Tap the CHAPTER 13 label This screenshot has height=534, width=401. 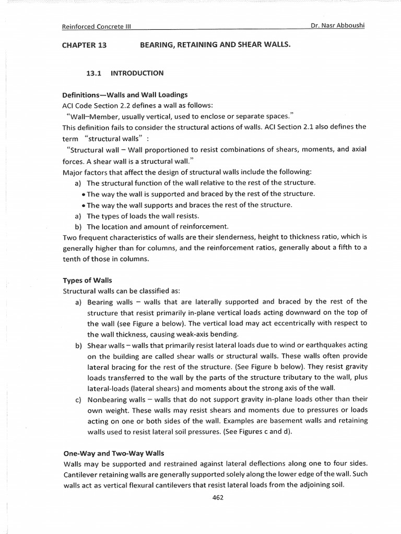tap(84, 45)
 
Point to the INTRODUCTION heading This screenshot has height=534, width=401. tap(137, 74)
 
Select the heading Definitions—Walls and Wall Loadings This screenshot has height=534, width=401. tap(125, 95)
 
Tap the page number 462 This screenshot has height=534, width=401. tap(218, 497)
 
